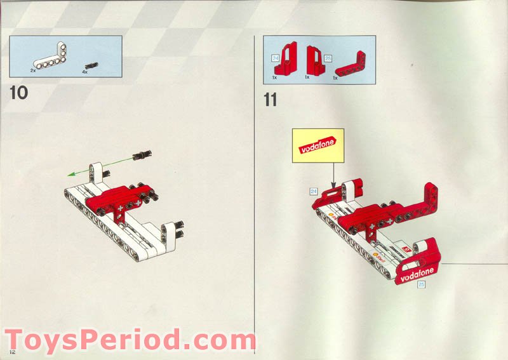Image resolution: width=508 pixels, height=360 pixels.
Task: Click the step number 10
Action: pos(19,93)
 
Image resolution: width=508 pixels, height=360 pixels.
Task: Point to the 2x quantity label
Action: pos(32,71)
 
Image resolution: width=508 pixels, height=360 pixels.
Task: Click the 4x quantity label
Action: pos(84,72)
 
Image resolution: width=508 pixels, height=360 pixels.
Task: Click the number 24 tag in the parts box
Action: pos(275,58)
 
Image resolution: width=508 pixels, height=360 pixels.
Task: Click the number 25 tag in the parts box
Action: pos(328,58)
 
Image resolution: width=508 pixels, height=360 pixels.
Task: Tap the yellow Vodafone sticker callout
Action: pos(317,145)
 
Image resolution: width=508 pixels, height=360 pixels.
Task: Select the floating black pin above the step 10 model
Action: pos(141,155)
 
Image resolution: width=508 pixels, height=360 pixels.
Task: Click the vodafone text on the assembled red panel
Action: pos(417,272)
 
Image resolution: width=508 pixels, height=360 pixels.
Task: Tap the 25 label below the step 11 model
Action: pos(420,285)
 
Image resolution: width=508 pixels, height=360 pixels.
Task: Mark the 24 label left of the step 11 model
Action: pos(313,190)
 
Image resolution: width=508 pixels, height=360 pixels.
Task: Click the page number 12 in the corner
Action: pos(11,351)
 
